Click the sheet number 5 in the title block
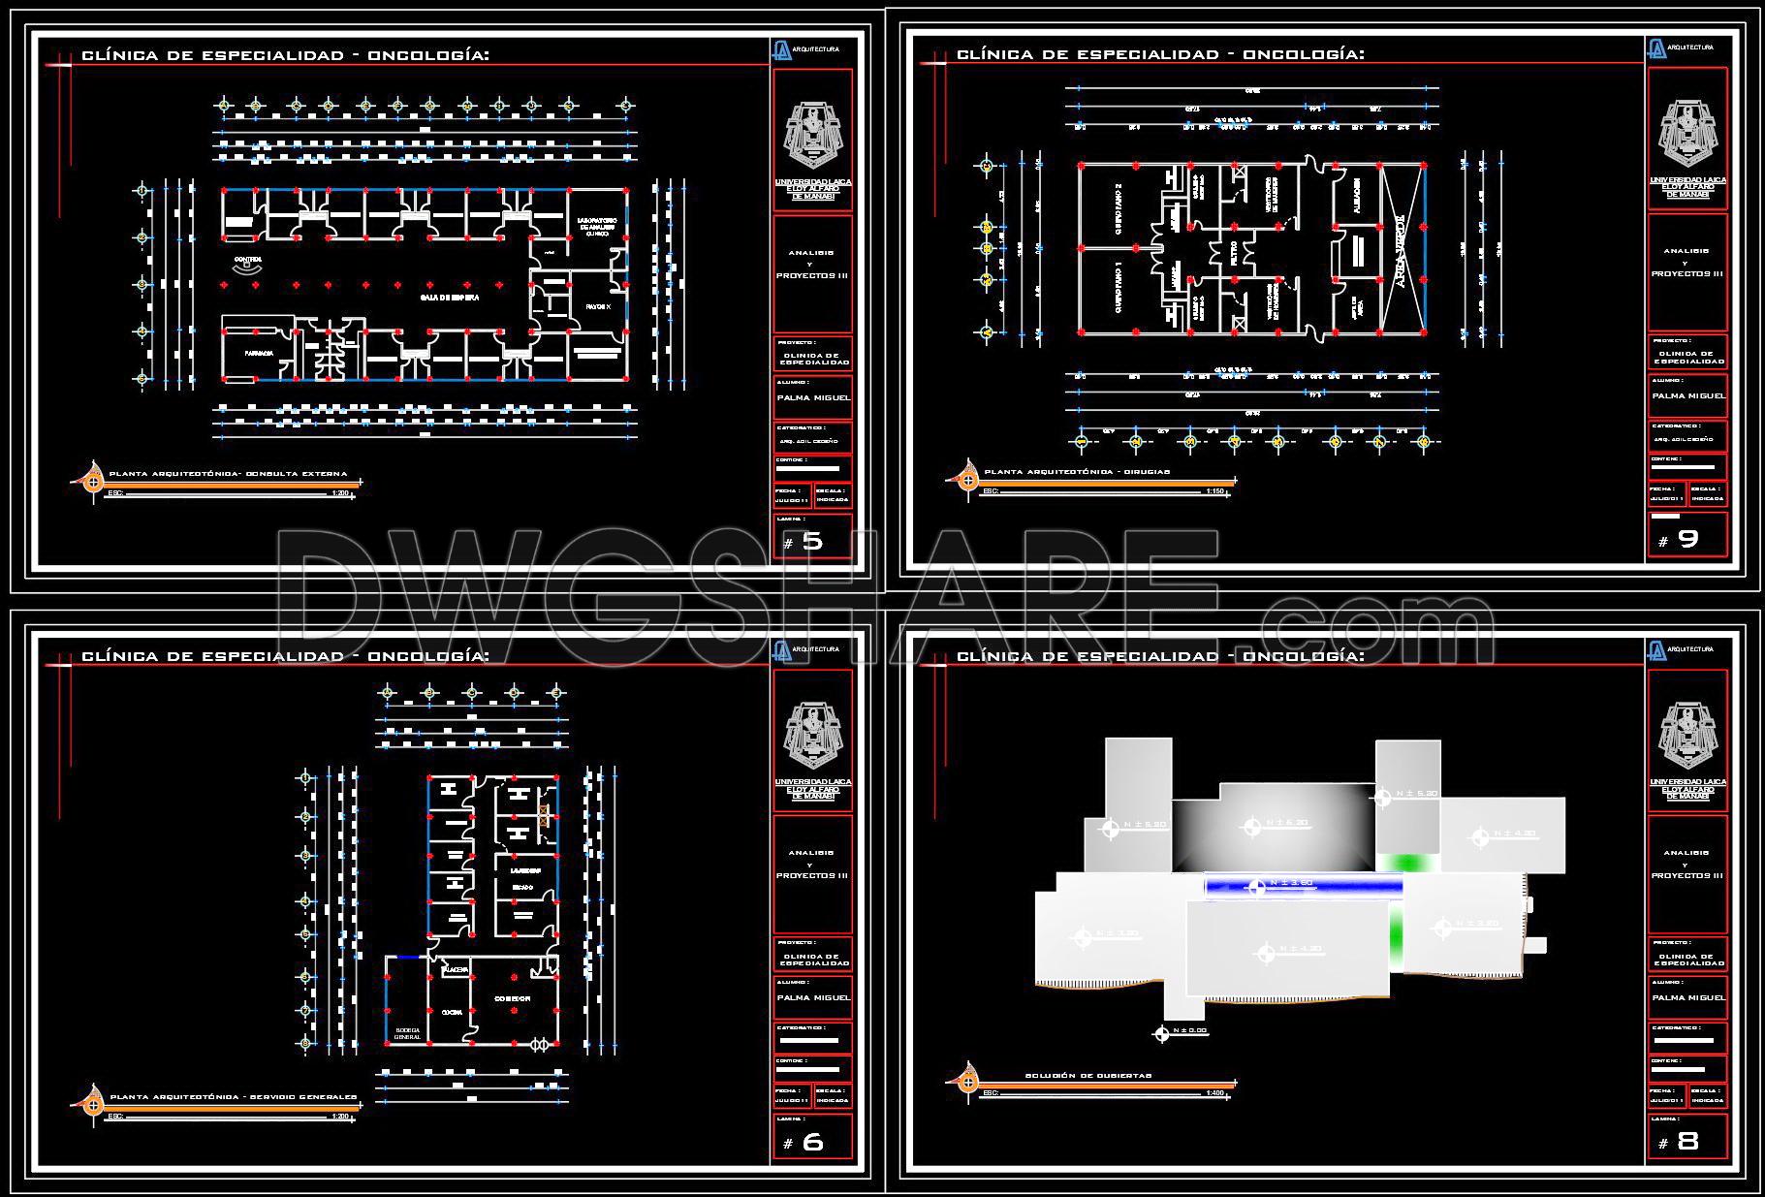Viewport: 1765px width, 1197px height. [x=812, y=542]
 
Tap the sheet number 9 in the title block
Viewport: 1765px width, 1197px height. [x=1687, y=540]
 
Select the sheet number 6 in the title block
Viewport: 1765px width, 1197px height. [x=812, y=1143]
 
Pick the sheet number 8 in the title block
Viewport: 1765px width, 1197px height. [x=1687, y=1142]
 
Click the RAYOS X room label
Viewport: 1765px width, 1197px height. [x=598, y=306]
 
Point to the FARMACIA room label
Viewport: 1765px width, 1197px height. [x=258, y=353]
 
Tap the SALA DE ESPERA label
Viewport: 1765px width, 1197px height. [x=449, y=299]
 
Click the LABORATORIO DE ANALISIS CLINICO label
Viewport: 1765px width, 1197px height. [x=596, y=228]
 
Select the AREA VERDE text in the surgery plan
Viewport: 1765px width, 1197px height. [x=1400, y=251]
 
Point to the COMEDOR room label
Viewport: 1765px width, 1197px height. [x=512, y=998]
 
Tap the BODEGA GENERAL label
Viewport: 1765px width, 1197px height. [x=407, y=1033]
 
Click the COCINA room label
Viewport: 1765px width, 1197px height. [x=452, y=1012]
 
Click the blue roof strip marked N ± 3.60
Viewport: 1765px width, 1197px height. [x=1303, y=884]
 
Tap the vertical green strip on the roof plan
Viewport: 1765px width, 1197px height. [x=1396, y=931]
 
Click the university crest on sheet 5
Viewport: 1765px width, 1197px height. [x=812, y=137]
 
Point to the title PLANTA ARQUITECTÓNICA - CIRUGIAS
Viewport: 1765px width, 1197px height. [x=1077, y=472]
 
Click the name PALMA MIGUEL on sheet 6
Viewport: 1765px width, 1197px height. [x=812, y=997]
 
